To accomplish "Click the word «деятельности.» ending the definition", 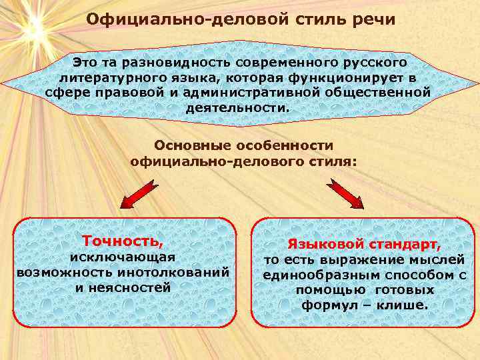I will point(237,107).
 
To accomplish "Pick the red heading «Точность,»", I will point(122,240).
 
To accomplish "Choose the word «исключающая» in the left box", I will point(123,257).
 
